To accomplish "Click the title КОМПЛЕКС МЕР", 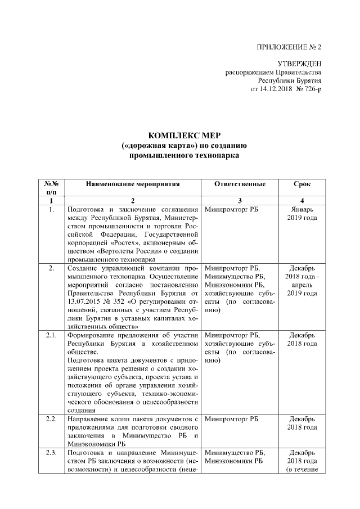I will tap(180, 136).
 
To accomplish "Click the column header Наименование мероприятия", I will tap(133, 184).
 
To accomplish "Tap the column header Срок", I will tap(302, 184).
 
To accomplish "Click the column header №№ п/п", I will tap(51, 188).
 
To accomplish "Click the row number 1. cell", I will tap(51, 210).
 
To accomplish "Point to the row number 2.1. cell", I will tap(51, 336).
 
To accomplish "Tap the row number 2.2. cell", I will tap(51, 419).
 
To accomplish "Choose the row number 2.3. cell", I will tap(51, 453).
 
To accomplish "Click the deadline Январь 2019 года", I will tap(302, 214).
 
